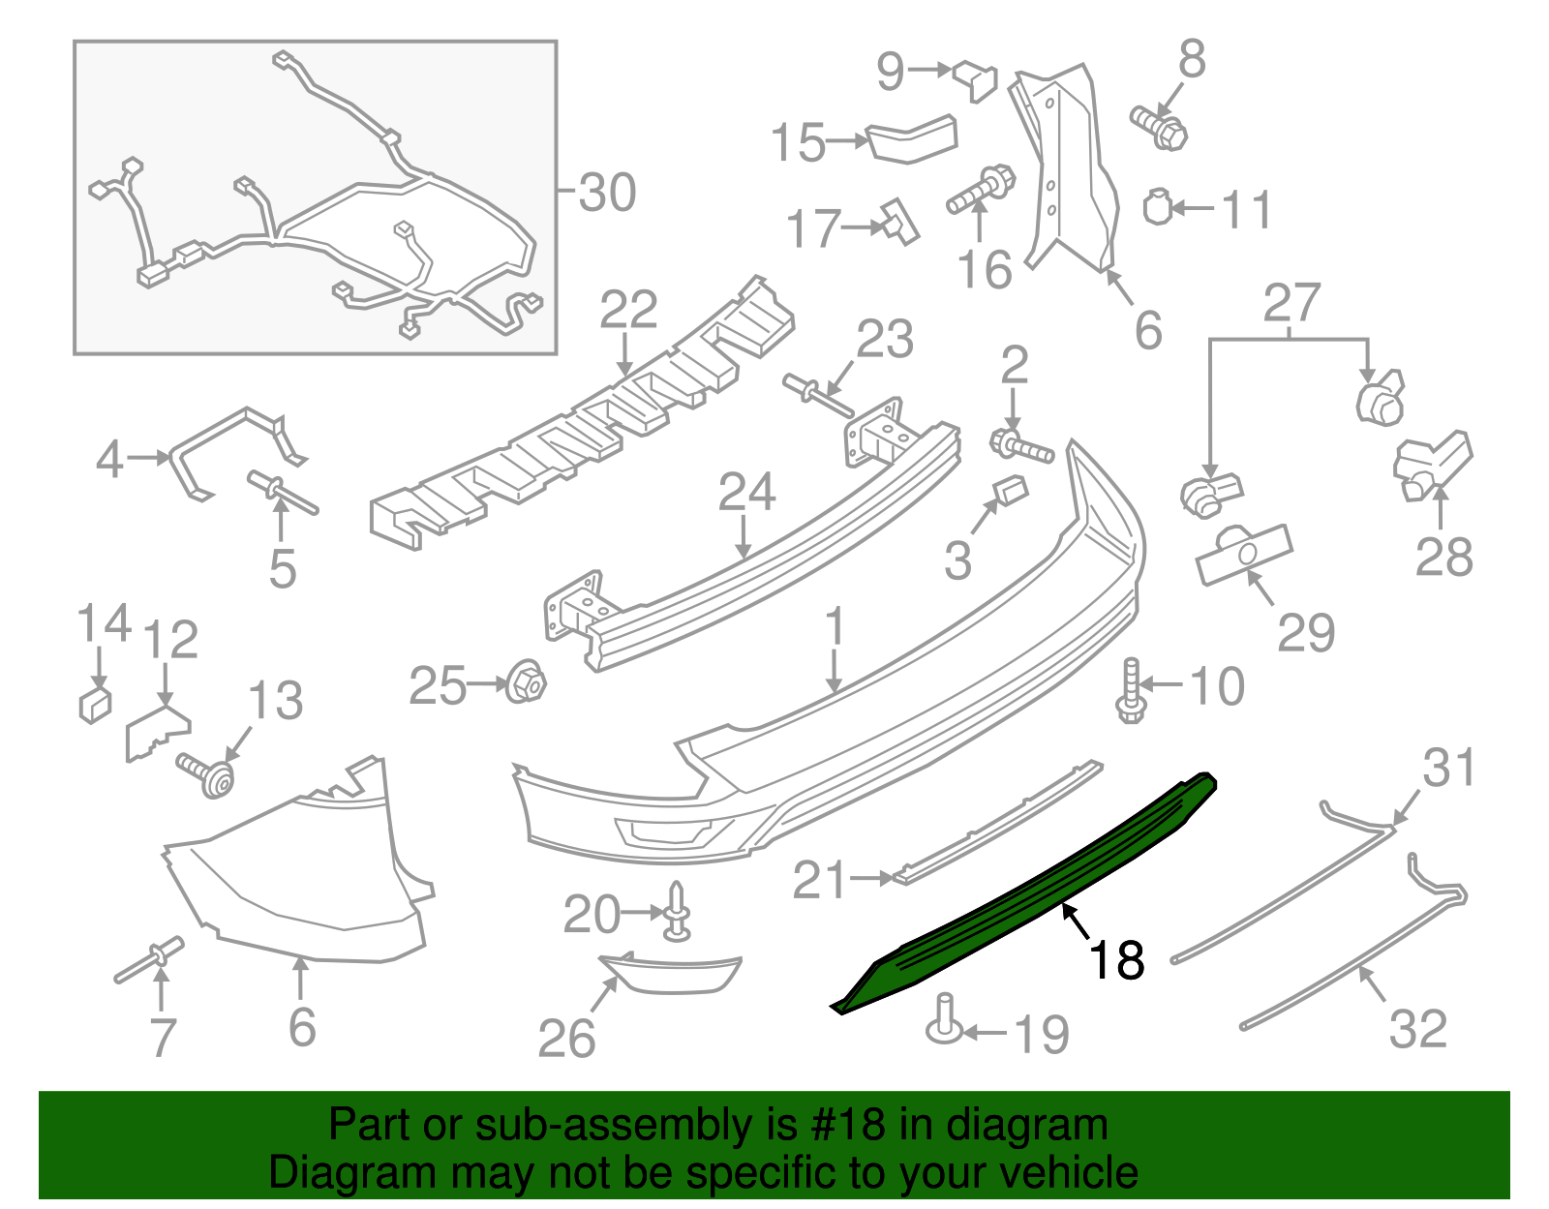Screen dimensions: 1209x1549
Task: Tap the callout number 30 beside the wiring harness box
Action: pyautogui.click(x=608, y=192)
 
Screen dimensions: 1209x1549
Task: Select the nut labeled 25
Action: pyautogui.click(x=526, y=683)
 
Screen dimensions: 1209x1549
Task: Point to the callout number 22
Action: pyautogui.click(x=628, y=310)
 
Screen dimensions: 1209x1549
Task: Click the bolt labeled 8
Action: pyautogui.click(x=1159, y=127)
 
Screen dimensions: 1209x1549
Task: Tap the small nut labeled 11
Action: pyautogui.click(x=1158, y=206)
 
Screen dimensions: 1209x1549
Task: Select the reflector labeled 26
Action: pyautogui.click(x=671, y=973)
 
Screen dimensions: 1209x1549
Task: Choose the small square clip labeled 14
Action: pyautogui.click(x=94, y=705)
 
